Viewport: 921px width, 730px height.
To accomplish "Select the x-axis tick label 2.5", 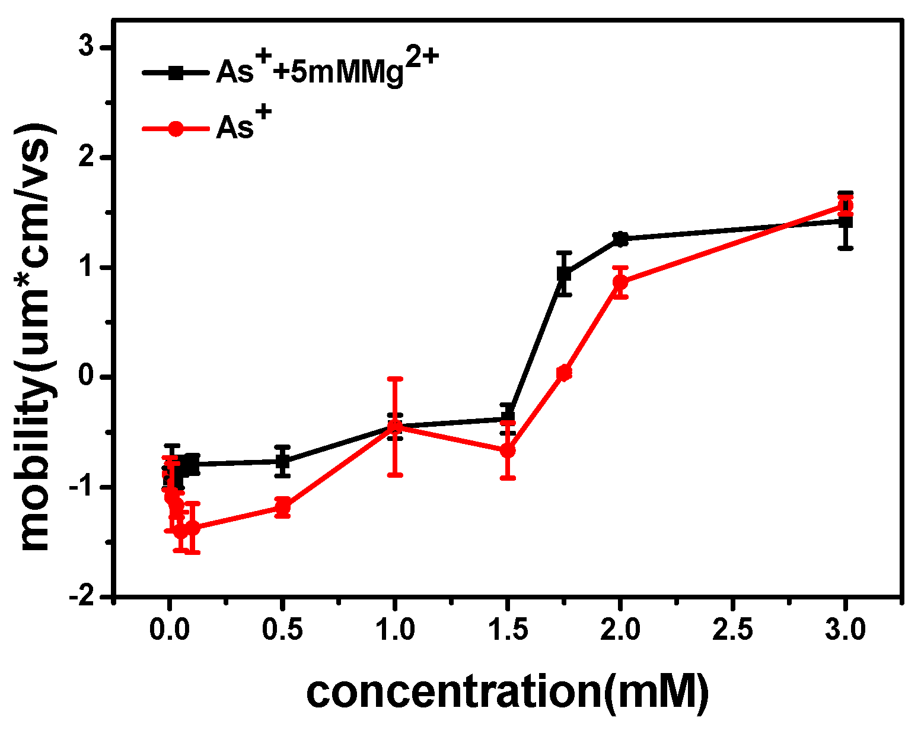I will click(733, 630).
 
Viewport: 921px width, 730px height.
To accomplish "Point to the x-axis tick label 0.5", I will click(283, 630).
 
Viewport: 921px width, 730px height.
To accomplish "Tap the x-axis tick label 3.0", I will click(846, 630).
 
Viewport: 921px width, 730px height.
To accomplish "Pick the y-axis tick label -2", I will click(83, 596).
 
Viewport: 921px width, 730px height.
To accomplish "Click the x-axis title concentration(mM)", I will click(508, 691).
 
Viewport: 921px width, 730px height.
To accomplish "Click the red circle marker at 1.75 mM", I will click(564, 373).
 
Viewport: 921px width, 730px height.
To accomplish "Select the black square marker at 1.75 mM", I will click(564, 274).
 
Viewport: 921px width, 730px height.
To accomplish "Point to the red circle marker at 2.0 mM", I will click(620, 282).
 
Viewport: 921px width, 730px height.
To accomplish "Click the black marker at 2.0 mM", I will click(620, 238).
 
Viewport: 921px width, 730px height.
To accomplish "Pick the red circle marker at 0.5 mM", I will click(283, 507).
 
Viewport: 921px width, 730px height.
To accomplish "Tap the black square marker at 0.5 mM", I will click(283, 461).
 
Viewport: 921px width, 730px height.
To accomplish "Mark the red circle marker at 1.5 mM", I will click(508, 450).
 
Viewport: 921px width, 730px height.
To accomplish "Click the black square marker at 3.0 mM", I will click(846, 221).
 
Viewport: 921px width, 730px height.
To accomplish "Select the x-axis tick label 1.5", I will click(508, 630).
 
